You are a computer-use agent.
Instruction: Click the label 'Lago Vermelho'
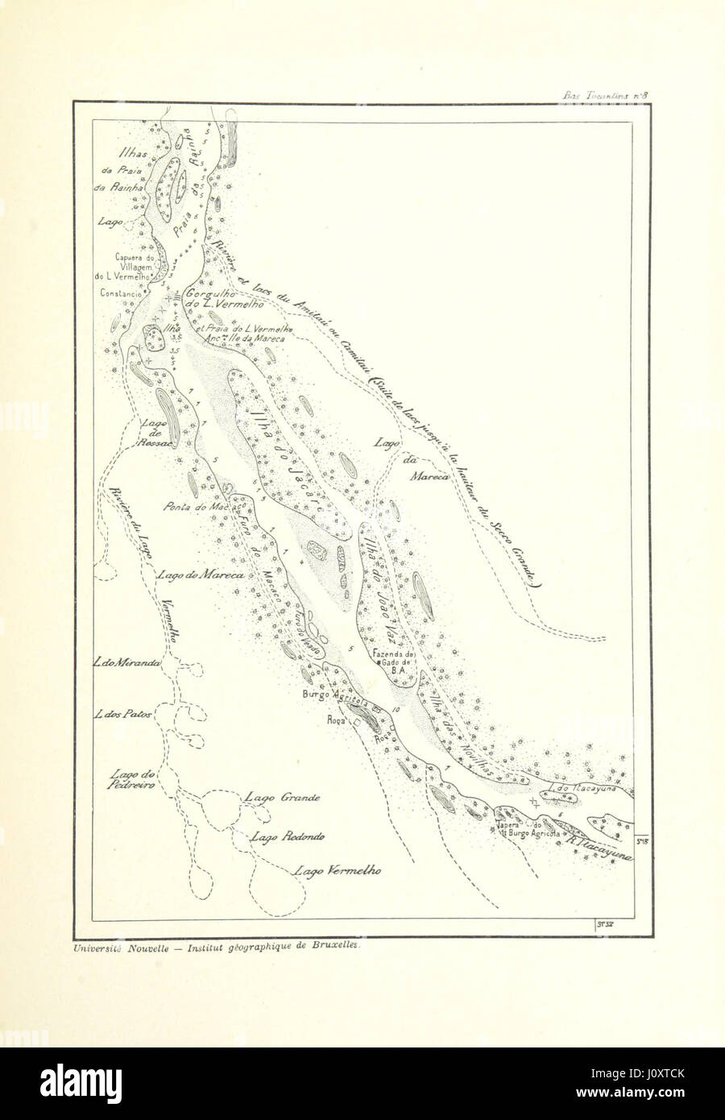(337, 870)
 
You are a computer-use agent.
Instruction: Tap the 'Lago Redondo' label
(288, 836)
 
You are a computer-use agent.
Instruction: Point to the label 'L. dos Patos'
(123, 715)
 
